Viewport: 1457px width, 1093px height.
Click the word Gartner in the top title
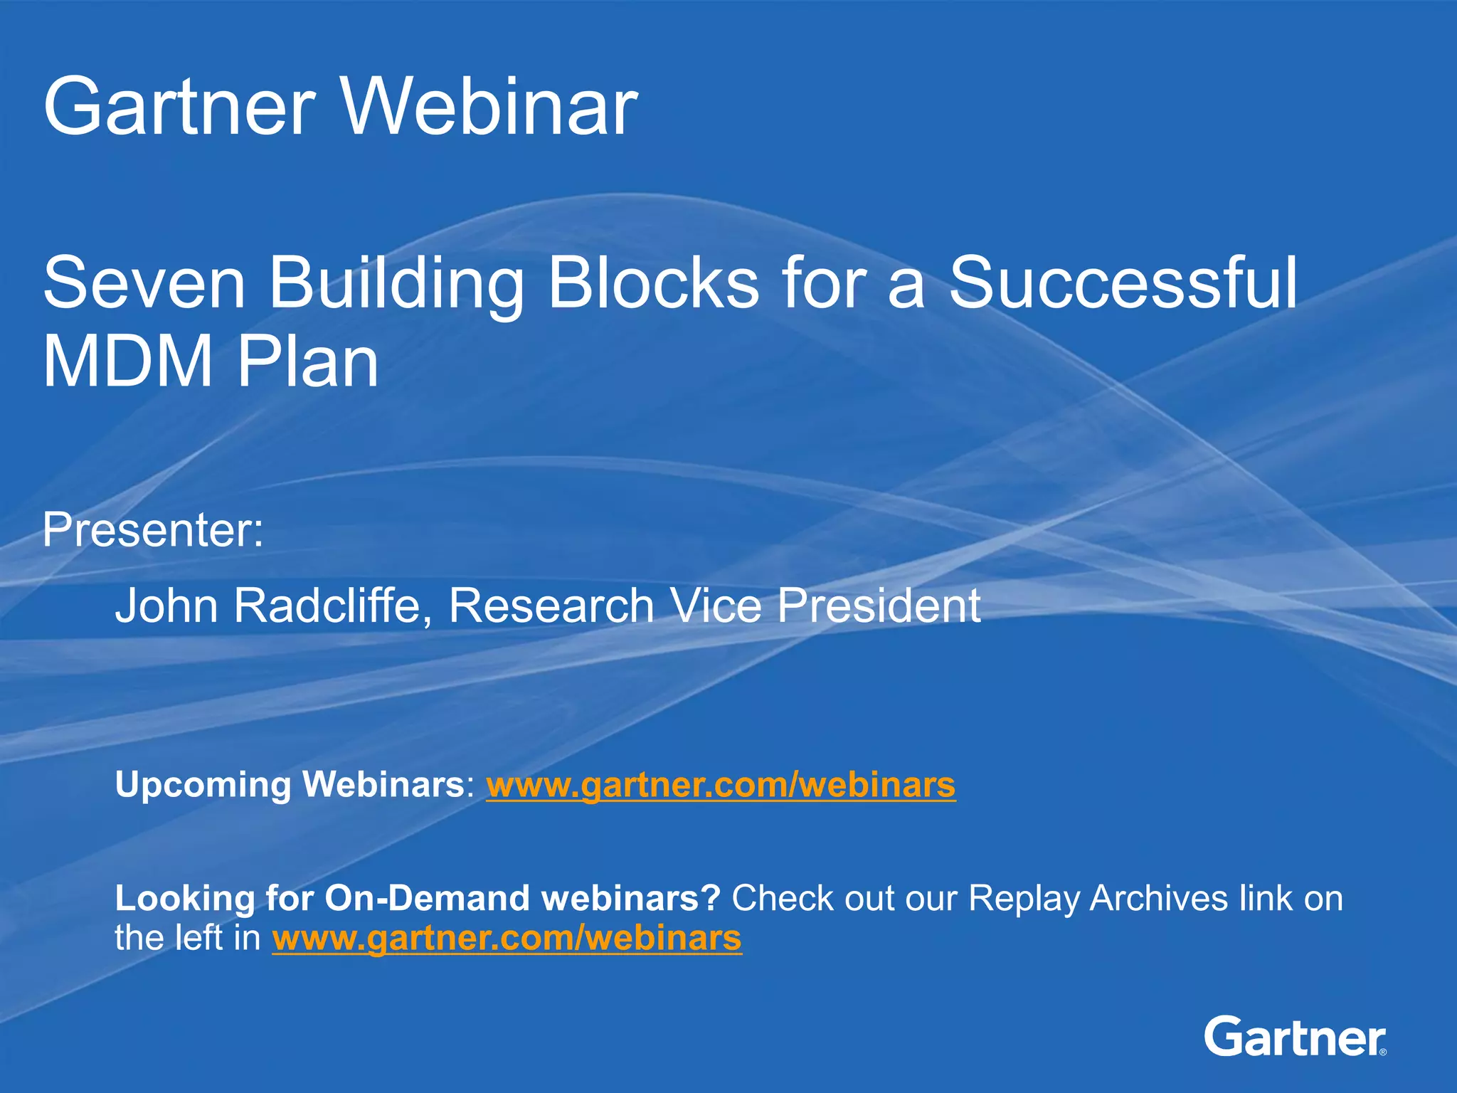click(x=179, y=108)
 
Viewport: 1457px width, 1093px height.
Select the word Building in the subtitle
click(x=395, y=284)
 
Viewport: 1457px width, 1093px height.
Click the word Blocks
click(x=653, y=284)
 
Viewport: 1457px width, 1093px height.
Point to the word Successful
click(x=1124, y=284)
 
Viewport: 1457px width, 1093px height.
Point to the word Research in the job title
click(x=551, y=606)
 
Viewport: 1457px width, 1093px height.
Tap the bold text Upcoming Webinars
click(x=290, y=785)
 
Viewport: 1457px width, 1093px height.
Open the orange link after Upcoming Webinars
click(x=720, y=785)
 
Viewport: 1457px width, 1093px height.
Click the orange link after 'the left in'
click(x=507, y=939)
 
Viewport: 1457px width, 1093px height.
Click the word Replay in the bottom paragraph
click(x=1024, y=898)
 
